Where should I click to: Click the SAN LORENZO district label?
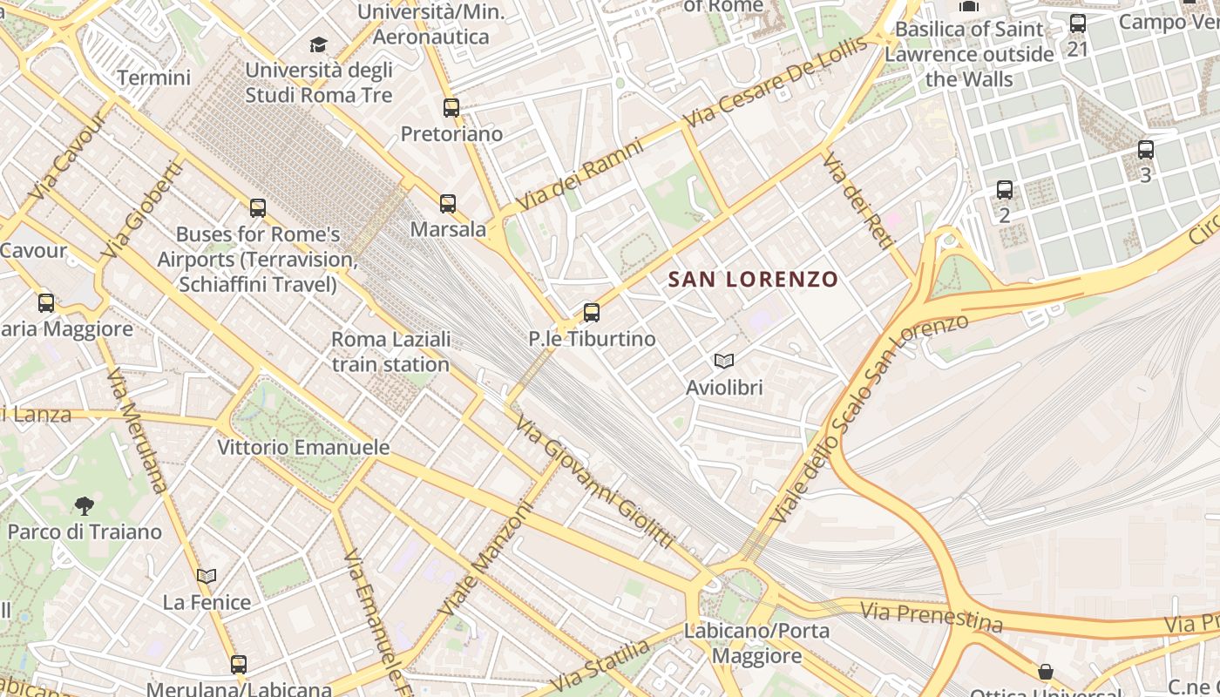[x=753, y=280]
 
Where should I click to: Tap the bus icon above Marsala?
[x=448, y=204]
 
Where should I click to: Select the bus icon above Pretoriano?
[x=451, y=108]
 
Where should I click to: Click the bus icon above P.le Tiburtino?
[x=592, y=312]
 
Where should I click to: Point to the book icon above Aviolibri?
[x=723, y=361]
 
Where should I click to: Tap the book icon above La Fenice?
[x=207, y=576]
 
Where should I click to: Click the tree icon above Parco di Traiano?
[x=85, y=505]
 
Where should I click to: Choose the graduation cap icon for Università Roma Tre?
[x=319, y=44]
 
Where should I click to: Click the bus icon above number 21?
[x=1078, y=24]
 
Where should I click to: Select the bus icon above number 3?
[x=1146, y=150]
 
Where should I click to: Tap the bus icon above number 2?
[x=1005, y=189]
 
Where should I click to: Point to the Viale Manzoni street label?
[x=485, y=558]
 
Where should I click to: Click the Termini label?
[x=153, y=78]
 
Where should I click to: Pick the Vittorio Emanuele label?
[x=303, y=448]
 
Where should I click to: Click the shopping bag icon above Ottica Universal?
[x=1045, y=672]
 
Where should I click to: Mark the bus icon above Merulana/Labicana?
[x=239, y=664]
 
